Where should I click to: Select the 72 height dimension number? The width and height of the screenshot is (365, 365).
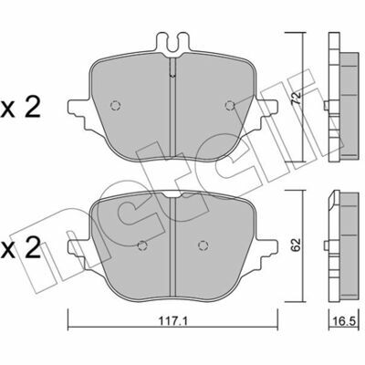(x=297, y=98)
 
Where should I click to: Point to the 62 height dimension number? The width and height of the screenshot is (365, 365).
(x=297, y=245)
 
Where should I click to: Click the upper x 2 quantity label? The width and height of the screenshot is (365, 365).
(x=20, y=109)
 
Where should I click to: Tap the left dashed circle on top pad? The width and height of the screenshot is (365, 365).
(x=115, y=105)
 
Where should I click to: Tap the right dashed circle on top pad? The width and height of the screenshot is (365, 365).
(x=230, y=105)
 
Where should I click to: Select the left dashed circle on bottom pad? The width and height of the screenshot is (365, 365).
(x=142, y=245)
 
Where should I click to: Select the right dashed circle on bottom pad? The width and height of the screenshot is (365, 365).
(x=203, y=245)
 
